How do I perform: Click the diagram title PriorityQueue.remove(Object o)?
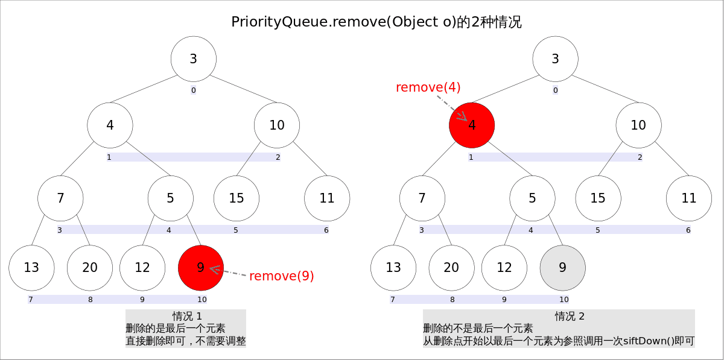376,22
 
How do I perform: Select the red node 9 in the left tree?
201,268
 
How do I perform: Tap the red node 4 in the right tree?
472,125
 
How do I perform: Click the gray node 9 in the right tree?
563,268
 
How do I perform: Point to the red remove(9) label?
282,276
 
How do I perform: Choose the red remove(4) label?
428,87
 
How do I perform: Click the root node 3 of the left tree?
194,59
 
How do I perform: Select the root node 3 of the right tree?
556,59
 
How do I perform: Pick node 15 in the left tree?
237,198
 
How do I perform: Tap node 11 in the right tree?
689,198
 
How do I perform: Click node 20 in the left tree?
90,268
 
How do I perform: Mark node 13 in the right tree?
393,268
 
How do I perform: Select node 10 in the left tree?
277,125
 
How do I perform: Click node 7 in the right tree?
422,198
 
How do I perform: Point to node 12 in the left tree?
142,268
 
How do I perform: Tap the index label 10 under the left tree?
202,299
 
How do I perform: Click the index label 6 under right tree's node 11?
688,230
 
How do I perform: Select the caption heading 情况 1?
186,317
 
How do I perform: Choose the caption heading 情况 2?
570,317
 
